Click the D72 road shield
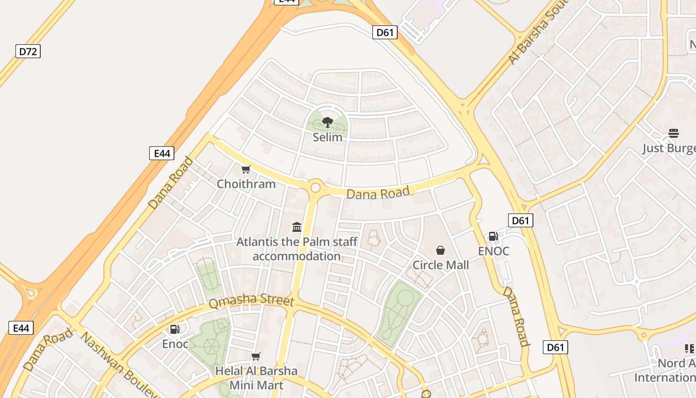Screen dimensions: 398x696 pos(28,51)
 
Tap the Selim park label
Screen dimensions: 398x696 pos(327,137)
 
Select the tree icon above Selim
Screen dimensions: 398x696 pos(327,122)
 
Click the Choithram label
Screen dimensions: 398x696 pos(246,184)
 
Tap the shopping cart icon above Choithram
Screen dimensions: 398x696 pos(246,170)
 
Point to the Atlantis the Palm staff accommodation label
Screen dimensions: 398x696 pos(297,249)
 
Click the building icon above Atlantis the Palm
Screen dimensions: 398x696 pos(297,227)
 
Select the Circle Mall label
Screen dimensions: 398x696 pos(440,265)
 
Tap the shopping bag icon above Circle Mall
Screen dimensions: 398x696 pos(440,250)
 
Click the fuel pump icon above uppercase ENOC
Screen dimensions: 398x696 pos(493,236)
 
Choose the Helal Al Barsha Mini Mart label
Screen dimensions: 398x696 pos(256,378)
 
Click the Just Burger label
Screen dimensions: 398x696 pos(669,148)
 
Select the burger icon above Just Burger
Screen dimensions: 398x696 pos(674,133)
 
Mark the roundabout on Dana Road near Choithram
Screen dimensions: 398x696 pos(315,188)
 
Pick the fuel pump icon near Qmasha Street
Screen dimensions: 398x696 pos(174,329)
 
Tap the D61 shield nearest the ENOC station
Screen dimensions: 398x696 pos(521,220)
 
